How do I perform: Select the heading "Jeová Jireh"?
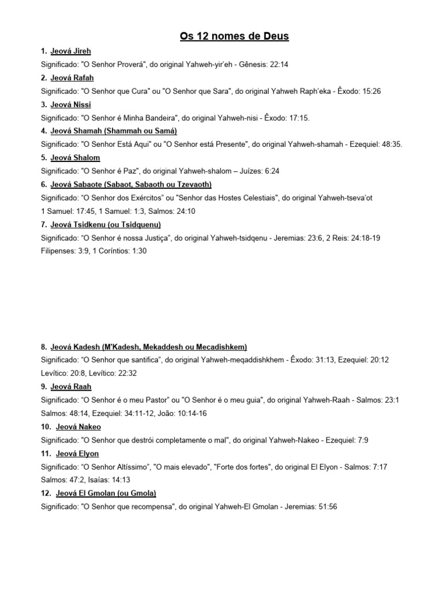click(x=70, y=51)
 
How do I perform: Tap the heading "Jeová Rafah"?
click(x=72, y=78)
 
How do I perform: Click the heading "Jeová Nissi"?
click(x=70, y=104)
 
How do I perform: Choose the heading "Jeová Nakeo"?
click(x=78, y=427)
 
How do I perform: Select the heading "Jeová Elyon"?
click(x=78, y=454)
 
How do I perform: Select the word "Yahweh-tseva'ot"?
click(x=344, y=198)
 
